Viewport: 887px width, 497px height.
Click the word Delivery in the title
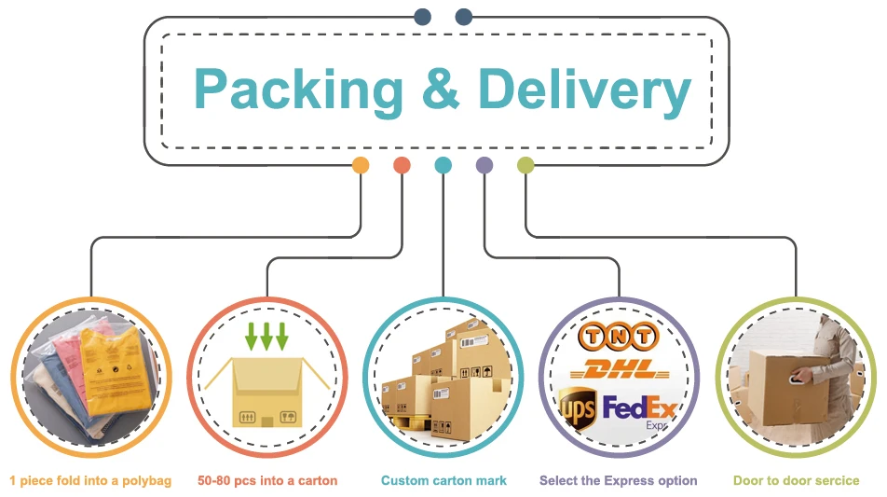[584, 90]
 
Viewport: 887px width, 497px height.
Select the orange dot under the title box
[361, 166]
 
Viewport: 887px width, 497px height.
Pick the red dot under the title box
[402, 166]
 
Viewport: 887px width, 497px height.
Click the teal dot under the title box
[443, 166]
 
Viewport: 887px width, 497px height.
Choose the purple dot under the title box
[484, 166]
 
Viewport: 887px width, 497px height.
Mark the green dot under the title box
[525, 166]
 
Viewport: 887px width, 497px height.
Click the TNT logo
[618, 336]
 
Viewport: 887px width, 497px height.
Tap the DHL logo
[618, 369]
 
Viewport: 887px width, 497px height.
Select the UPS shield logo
[578, 407]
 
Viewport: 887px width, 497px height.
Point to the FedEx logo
[638, 408]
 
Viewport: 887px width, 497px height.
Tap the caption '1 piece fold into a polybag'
[90, 481]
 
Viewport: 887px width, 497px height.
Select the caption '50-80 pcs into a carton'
[267, 481]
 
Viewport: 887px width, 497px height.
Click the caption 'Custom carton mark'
[443, 481]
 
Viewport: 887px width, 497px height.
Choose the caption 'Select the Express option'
[619, 481]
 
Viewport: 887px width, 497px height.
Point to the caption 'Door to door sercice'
[796, 481]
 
